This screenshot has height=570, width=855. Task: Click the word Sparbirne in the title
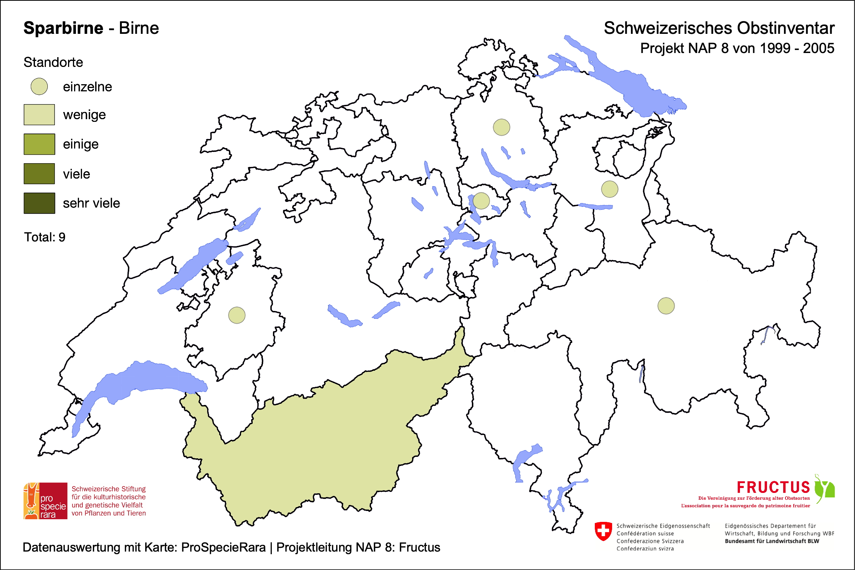coord(63,28)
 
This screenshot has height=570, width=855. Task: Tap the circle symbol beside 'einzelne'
coord(39,86)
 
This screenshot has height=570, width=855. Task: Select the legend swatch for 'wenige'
coord(39,115)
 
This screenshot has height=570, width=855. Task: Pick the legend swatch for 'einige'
coord(39,144)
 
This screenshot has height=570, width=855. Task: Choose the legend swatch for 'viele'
coord(39,174)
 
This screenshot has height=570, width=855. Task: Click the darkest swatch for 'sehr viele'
coord(39,203)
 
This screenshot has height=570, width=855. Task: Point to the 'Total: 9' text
coord(45,237)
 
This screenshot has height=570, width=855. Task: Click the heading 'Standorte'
coord(53,62)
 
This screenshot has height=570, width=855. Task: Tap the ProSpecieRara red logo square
coord(45,501)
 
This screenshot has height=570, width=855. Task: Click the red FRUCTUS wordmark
coord(773,487)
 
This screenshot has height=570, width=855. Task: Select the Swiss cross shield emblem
coord(603,531)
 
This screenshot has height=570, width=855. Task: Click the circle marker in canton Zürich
coord(502,127)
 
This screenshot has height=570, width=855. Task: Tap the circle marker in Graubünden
coord(666,306)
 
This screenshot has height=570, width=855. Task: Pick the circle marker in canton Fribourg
coord(237,315)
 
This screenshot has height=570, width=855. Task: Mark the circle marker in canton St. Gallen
coord(609,189)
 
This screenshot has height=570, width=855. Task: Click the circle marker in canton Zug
coord(481,200)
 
